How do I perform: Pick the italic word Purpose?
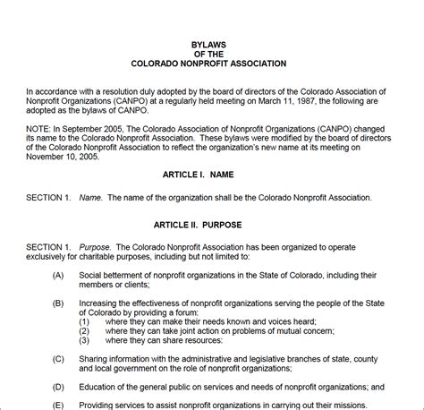(96, 246)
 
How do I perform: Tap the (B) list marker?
(58, 303)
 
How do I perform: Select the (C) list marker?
(58, 358)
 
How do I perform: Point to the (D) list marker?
(58, 387)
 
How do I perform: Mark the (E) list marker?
(58, 405)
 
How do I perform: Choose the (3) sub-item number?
(85, 341)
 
